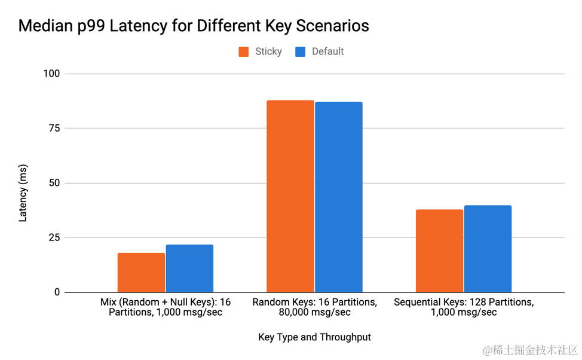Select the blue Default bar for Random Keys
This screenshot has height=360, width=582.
coord(338,197)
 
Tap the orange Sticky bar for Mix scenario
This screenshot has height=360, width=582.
coord(141,273)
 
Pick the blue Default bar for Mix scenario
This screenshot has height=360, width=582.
coord(189,269)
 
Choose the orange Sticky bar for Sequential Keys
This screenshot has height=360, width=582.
coord(439,251)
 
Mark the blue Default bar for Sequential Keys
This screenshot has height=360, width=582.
coord(488,249)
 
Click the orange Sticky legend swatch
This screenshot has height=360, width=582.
coord(244,51)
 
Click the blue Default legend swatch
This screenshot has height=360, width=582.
coord(301,51)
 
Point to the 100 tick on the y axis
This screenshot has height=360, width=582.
coord(51,74)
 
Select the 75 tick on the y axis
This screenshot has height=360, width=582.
coord(54,128)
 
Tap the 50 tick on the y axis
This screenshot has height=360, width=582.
coord(54,183)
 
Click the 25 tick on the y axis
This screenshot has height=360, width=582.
coord(54,237)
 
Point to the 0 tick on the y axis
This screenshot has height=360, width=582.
coord(57,292)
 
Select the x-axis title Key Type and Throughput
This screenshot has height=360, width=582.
coord(314,337)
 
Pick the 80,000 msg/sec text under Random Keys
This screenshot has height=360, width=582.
coord(314,313)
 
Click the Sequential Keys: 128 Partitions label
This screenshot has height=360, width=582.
coord(463,302)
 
